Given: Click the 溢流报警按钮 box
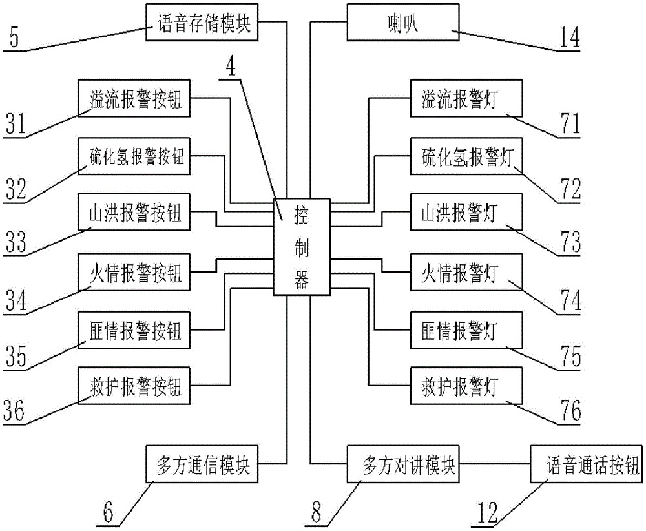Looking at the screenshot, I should [x=134, y=98].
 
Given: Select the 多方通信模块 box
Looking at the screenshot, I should [x=202, y=464].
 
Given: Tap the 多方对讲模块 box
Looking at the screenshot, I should [x=402, y=464].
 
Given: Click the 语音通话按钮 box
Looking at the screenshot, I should [x=586, y=464].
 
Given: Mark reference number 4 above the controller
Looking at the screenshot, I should [x=229, y=68].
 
